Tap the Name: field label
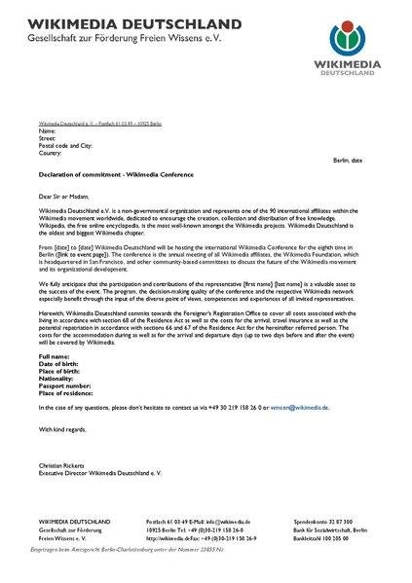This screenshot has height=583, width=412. point(48,129)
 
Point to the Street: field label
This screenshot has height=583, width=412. point(49,137)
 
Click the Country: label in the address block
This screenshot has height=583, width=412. point(52,153)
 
